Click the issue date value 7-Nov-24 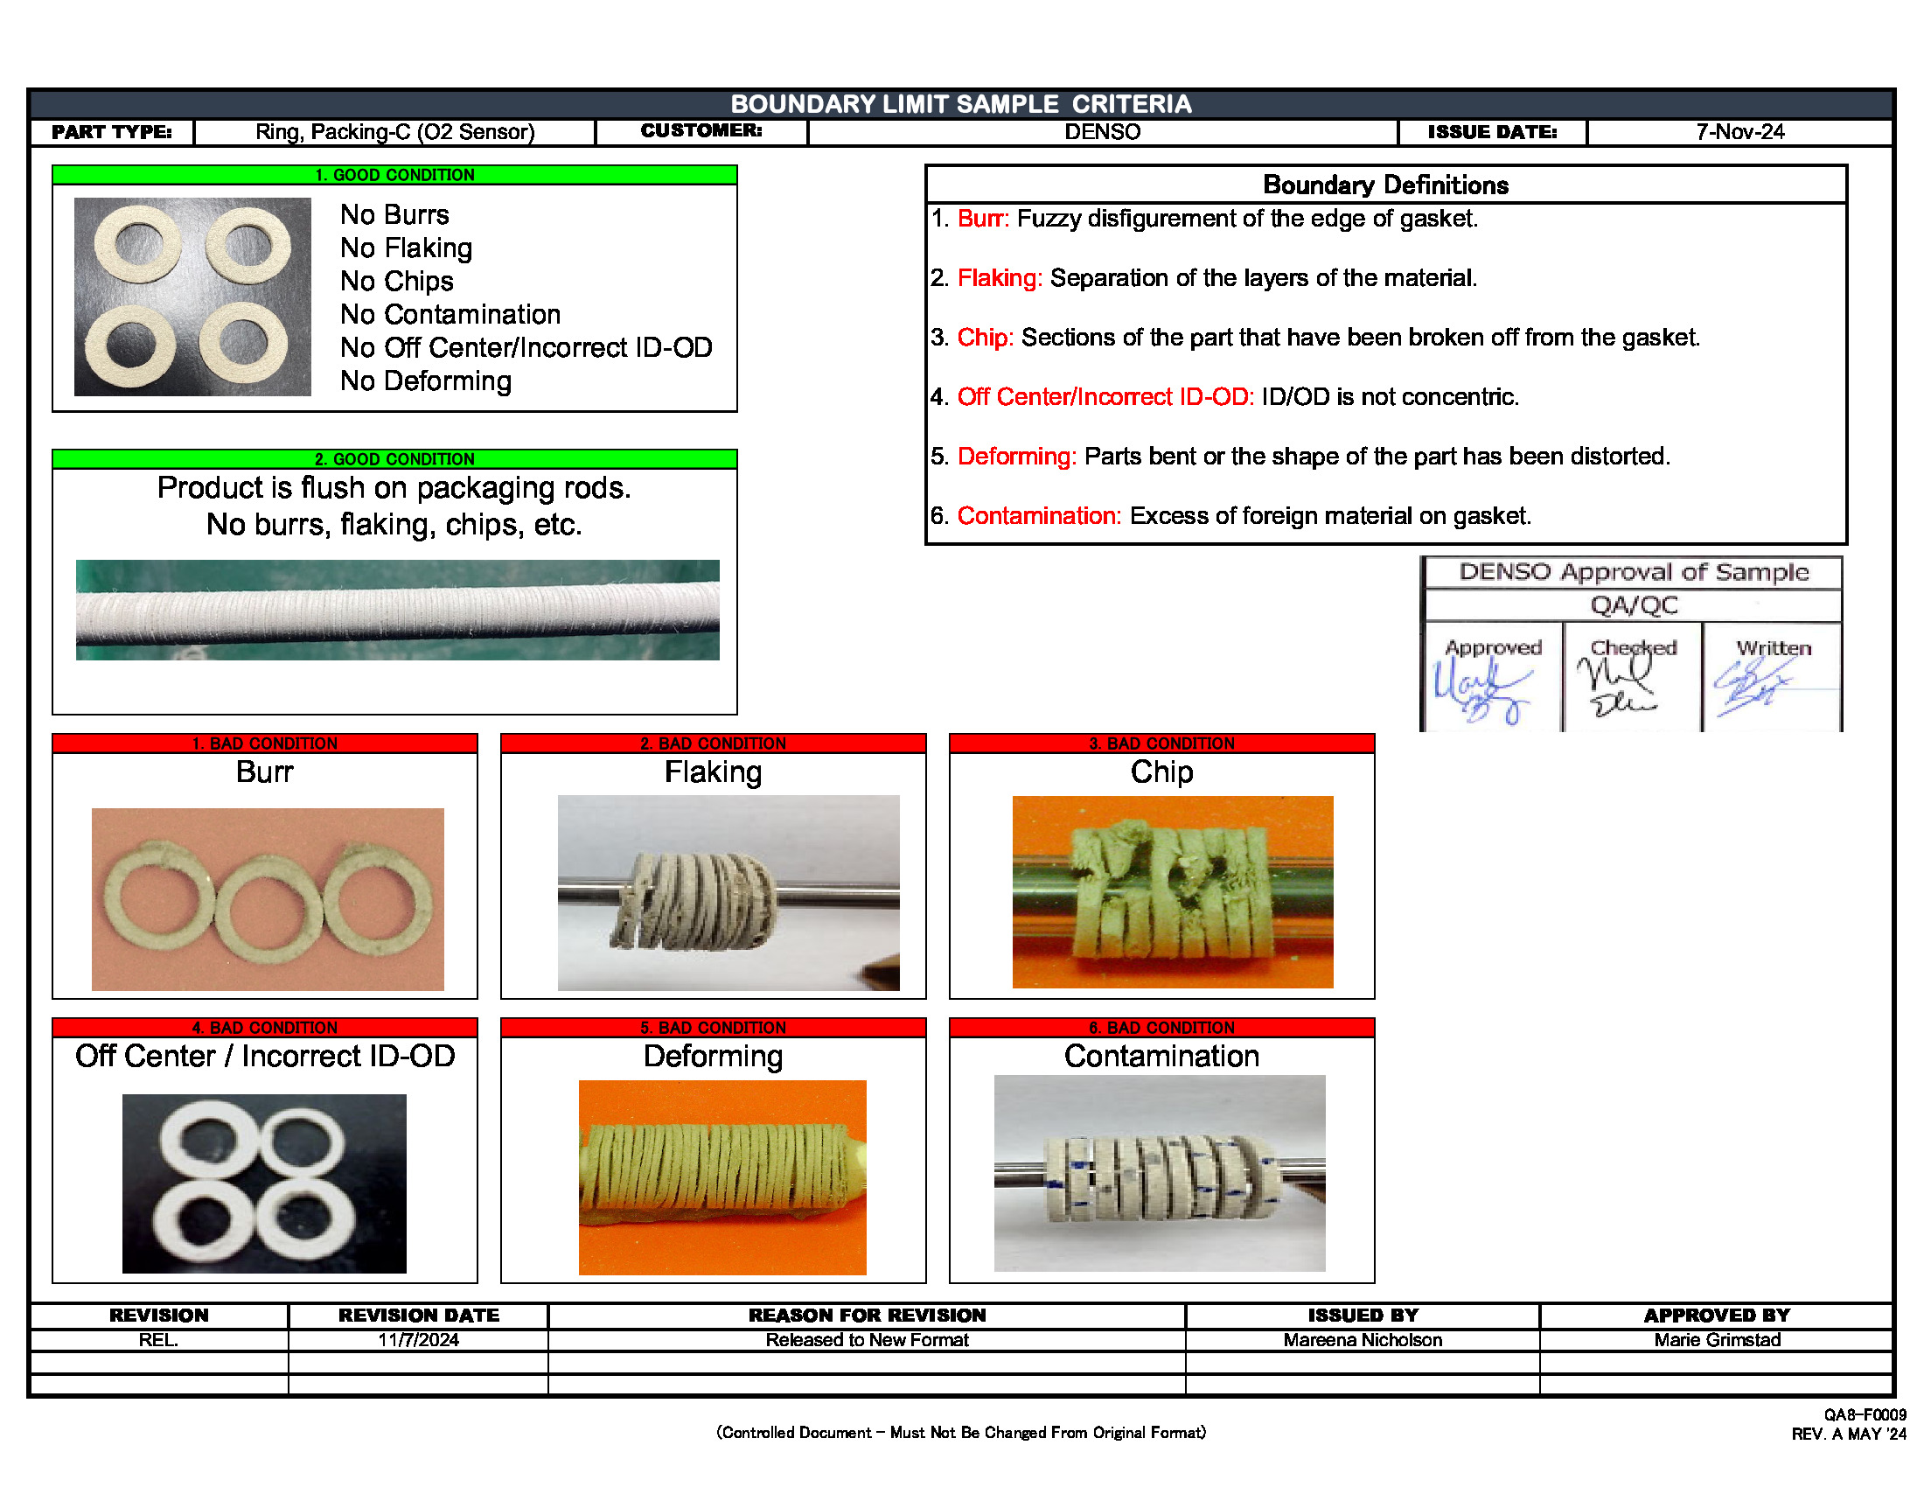point(1739,132)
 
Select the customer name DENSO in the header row point(1101,132)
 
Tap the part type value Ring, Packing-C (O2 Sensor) point(394,132)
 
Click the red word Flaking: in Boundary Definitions point(999,278)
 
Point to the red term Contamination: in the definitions point(1039,516)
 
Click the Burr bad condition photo point(267,898)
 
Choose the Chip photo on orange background point(1172,891)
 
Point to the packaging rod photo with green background point(396,610)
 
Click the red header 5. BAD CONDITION point(713,1027)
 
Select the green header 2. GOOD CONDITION point(394,459)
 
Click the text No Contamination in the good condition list point(450,315)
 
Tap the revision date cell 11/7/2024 point(418,1340)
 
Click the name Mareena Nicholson point(1362,1340)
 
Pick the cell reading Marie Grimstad point(1716,1340)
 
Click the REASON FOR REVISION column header point(867,1316)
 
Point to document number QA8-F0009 point(1865,1414)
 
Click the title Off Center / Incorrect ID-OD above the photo point(264,1057)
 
